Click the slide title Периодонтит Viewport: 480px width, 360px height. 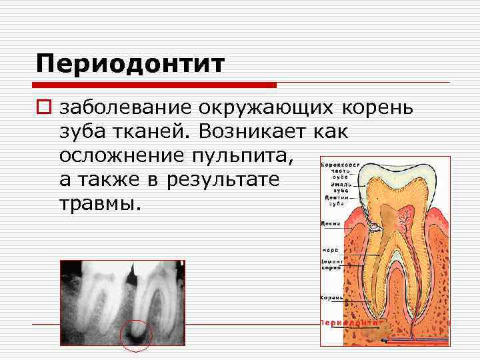pos(131,65)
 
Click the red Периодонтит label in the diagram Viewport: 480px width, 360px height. pos(352,322)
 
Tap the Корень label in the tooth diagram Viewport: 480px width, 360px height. pos(331,297)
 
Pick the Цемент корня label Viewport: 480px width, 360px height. pos(331,264)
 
